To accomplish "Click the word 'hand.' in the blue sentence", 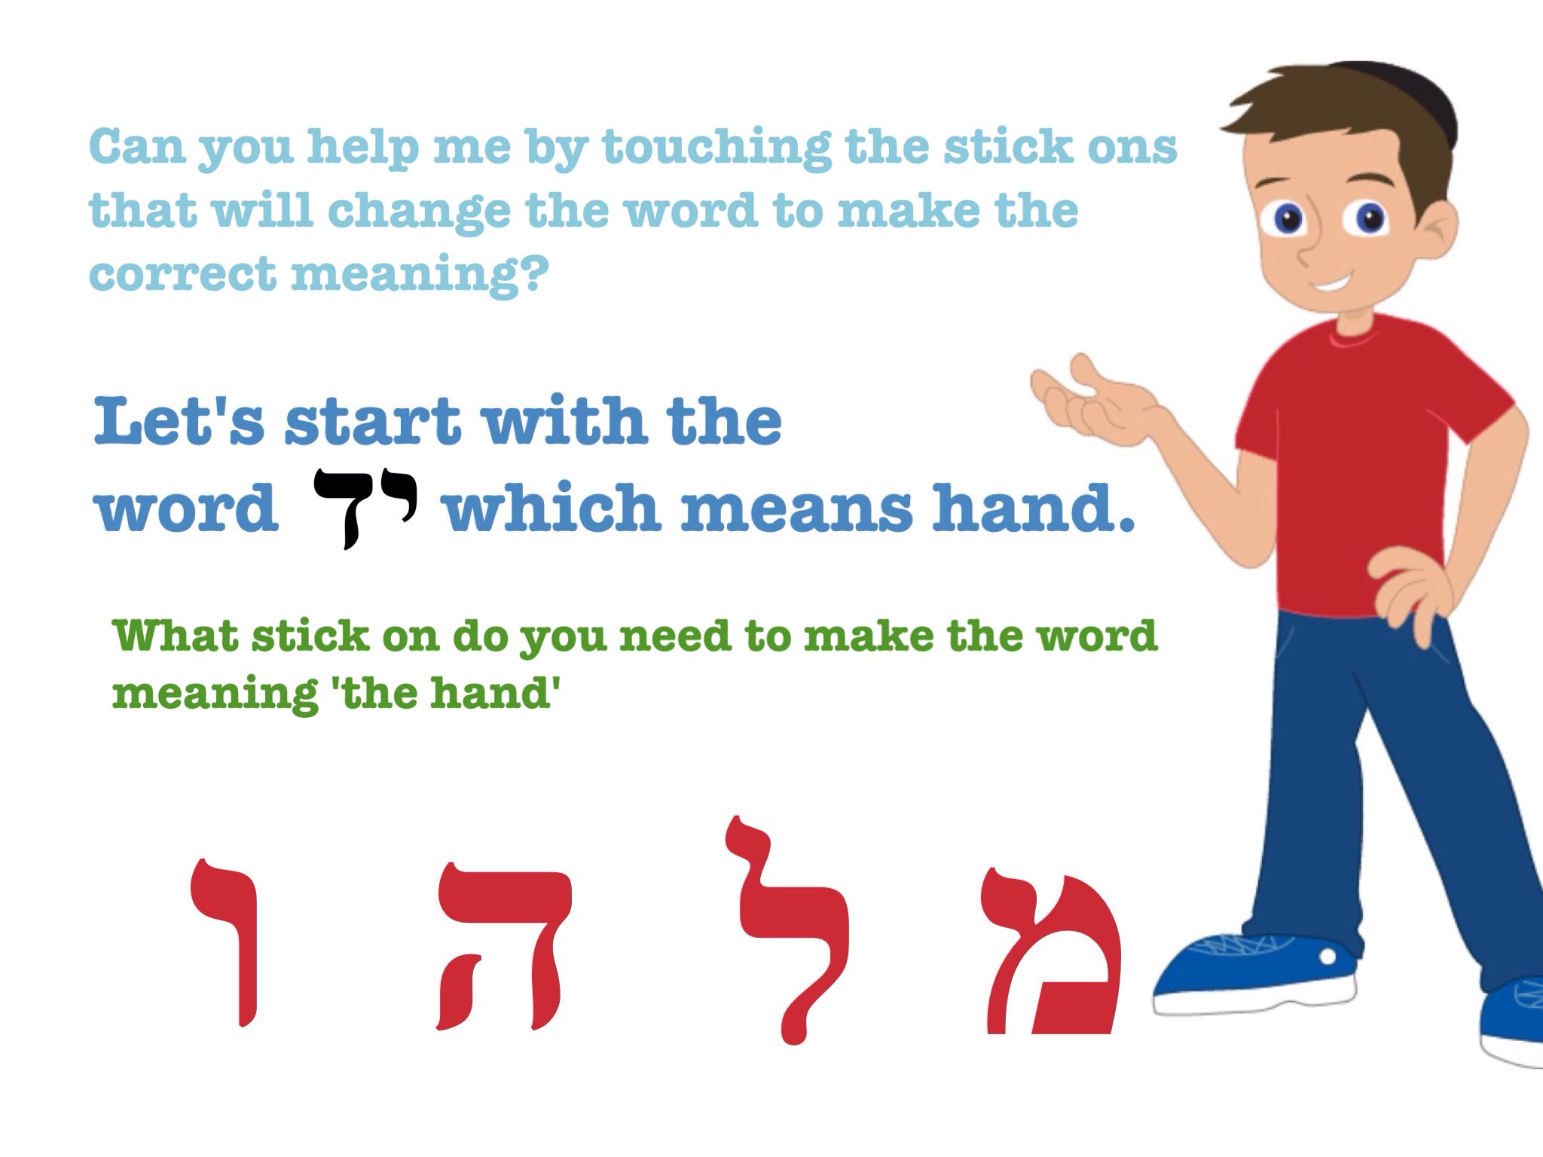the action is point(1033,507).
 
